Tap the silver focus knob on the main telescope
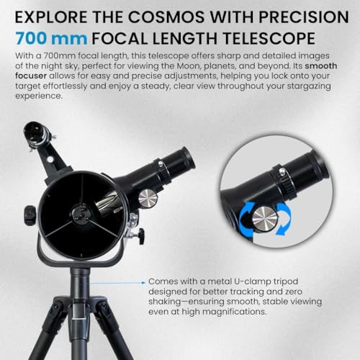[148, 199]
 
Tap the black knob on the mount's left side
[29, 214]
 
